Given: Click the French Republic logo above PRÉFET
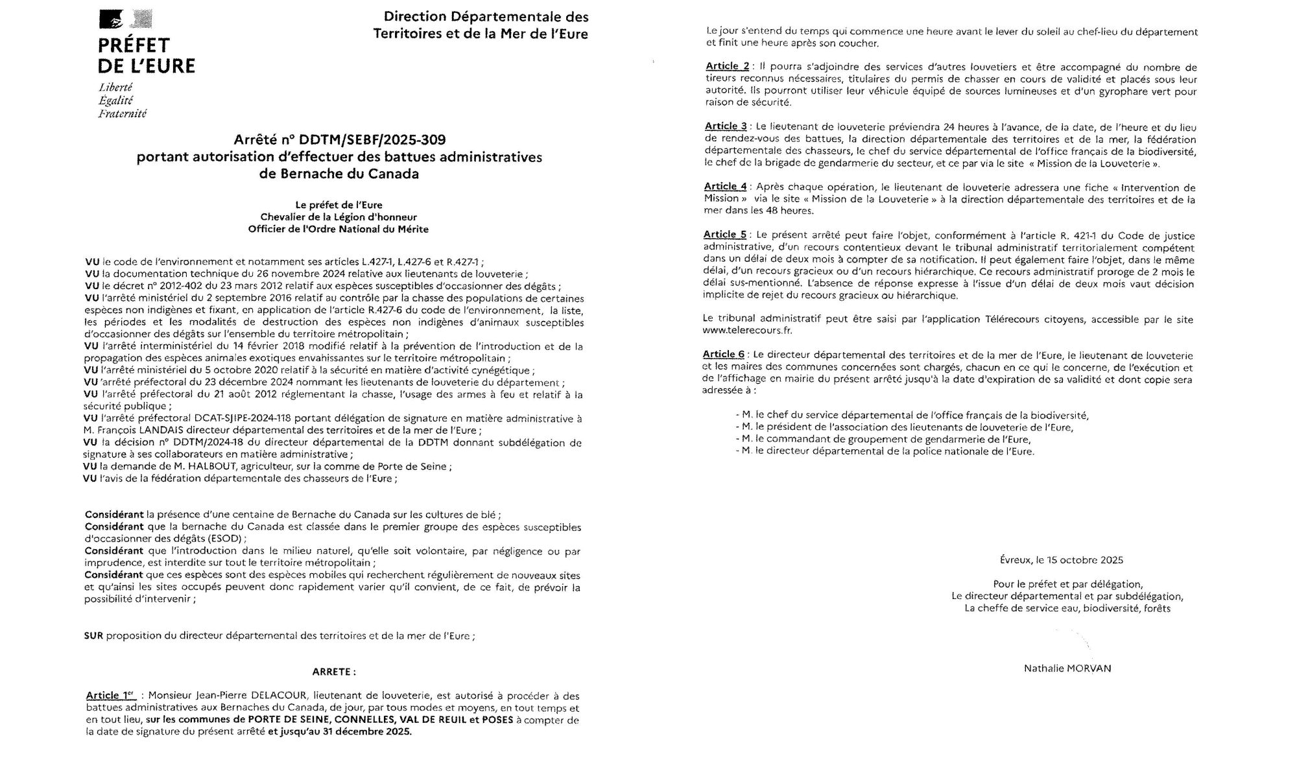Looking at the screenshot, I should point(125,21).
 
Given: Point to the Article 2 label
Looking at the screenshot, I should point(727,67).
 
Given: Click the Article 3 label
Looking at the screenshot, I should point(726,126).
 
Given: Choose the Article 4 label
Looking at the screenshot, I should point(726,187).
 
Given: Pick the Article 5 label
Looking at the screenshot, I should point(725,235).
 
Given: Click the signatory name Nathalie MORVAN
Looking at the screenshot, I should point(1067,668).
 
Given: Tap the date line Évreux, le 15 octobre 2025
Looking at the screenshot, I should point(1061,560).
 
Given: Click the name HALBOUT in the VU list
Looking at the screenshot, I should point(220,467).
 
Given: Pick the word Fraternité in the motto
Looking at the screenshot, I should point(123,114).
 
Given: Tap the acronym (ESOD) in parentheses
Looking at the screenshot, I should point(226,539).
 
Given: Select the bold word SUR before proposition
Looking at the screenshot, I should point(93,636).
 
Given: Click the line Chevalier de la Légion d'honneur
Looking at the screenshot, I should point(339,217).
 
